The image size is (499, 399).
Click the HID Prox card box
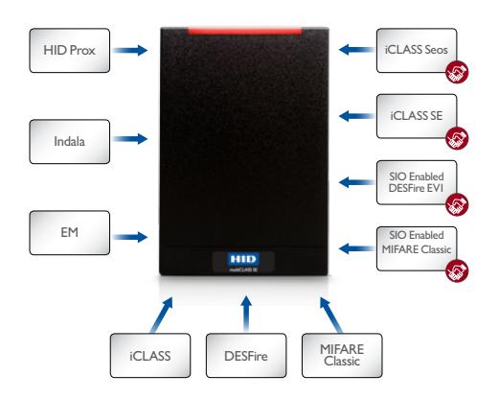[x=70, y=51]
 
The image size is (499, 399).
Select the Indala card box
[x=70, y=142]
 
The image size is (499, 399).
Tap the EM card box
[x=70, y=233]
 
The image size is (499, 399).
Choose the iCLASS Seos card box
[x=417, y=51]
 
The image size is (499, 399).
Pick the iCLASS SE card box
[x=417, y=116]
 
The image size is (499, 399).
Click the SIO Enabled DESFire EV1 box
[x=417, y=182]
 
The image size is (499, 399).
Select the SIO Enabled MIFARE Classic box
[x=417, y=248]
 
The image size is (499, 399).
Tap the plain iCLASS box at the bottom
[x=150, y=356]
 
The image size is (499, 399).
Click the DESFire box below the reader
[x=246, y=356]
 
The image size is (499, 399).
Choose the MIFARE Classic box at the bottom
[x=342, y=356]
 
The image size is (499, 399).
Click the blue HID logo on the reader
[x=243, y=259]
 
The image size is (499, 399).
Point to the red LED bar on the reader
[x=245, y=32]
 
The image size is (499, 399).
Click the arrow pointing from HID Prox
[x=130, y=50]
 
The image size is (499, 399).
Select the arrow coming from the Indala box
[x=130, y=139]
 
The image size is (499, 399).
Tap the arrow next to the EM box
[x=130, y=237]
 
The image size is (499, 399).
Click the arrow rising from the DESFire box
[x=246, y=314]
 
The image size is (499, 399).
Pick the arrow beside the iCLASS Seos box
[x=356, y=50]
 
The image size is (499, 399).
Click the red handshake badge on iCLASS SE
[x=457, y=138]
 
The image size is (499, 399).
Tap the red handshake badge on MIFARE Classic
[x=457, y=271]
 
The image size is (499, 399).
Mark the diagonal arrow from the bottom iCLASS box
[x=162, y=316]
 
